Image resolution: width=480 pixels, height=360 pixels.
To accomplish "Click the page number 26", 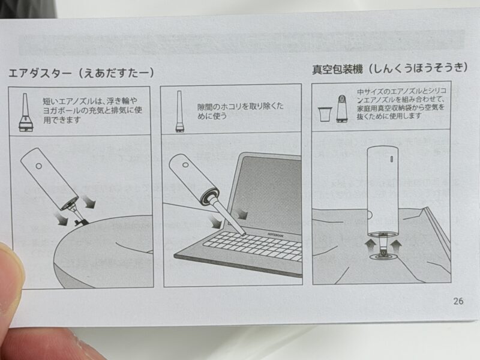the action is tap(458, 301).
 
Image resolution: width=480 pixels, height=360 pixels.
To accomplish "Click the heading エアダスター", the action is tap(40, 73).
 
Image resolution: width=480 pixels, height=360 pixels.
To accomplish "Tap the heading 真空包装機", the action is tap(337, 69).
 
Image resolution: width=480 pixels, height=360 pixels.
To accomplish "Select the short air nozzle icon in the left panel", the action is tap(26, 113).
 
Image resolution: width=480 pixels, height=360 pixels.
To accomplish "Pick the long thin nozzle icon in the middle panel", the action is tap(179, 112).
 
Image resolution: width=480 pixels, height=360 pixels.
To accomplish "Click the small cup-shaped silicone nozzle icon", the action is tap(325, 114).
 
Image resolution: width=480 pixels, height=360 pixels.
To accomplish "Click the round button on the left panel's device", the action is tap(39, 166).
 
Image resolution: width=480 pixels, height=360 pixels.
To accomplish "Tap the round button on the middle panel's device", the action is tap(185, 164).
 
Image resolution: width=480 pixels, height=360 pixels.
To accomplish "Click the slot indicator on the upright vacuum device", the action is tap(392, 160).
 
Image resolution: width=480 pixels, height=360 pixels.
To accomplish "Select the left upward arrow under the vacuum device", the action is tap(371, 245).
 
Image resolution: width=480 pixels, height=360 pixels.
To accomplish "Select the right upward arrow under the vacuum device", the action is tap(397, 245).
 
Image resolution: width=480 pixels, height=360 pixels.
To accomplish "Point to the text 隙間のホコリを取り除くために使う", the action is tap(241, 111).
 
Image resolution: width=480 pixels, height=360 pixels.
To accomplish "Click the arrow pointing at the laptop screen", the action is tap(242, 214).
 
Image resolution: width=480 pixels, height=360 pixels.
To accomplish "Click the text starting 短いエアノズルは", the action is tap(92, 110).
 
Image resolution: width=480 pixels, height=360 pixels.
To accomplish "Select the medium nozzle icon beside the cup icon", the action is tap(342, 109).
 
